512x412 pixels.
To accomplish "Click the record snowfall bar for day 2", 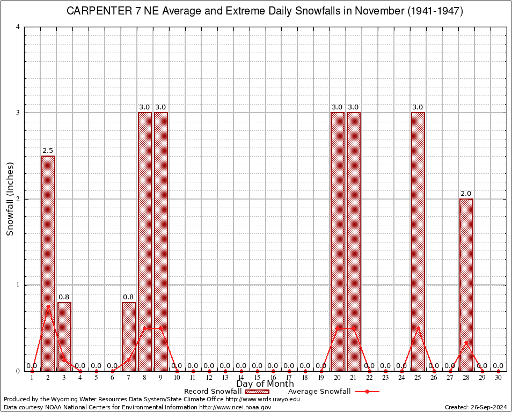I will point(48,263).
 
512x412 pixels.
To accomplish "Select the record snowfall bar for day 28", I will point(466,284).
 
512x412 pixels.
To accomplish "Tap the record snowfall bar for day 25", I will point(418,241).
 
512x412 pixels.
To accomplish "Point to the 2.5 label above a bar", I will point(48,151).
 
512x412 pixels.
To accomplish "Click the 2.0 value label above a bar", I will point(466,194).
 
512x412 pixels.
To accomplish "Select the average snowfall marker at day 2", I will point(48,306).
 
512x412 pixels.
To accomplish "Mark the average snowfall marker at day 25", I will point(418,328).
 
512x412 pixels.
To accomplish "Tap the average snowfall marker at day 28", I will point(466,342).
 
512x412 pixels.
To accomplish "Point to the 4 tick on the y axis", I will point(18,27).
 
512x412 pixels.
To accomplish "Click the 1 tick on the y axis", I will point(18,285).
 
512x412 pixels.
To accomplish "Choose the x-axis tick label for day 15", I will point(257,378).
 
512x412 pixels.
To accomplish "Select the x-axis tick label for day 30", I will point(498,378).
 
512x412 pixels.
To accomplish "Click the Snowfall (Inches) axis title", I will point(10,199).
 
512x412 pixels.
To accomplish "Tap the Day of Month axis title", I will point(265,384).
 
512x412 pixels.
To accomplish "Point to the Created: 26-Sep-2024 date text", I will point(476,407).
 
